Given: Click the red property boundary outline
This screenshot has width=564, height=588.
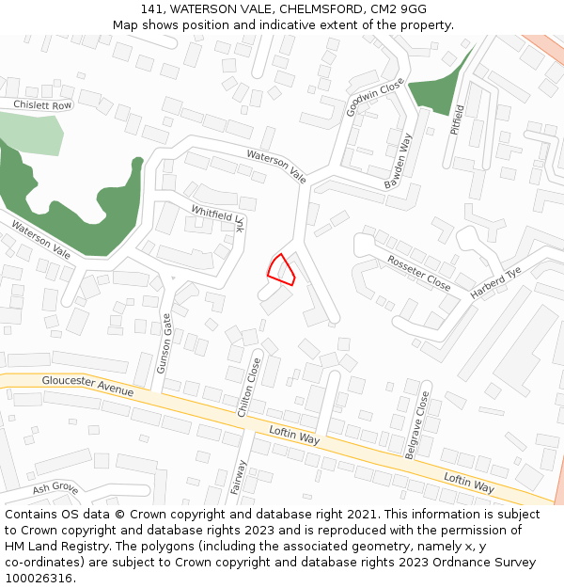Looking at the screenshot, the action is click(281, 270).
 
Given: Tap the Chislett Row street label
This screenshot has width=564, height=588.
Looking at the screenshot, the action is click(42, 105).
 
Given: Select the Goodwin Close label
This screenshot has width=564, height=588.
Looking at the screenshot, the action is click(362, 97).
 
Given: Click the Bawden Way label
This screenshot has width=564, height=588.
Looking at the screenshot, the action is click(399, 161).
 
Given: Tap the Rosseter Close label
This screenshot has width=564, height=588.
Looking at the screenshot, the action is click(419, 272).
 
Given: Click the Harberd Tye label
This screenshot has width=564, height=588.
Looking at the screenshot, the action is click(495, 283).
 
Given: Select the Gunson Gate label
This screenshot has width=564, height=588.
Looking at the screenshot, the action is click(164, 342).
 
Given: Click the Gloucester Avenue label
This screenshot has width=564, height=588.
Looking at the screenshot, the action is click(88, 385).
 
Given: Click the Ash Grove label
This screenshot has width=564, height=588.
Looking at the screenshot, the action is click(55, 488).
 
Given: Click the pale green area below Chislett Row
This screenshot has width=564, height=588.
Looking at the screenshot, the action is click(34, 133).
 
